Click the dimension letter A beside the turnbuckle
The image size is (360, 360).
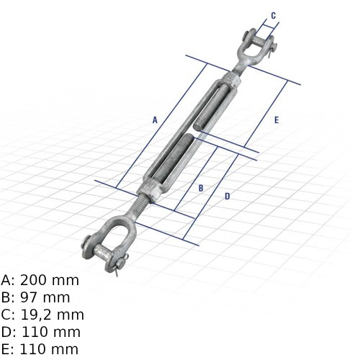click(155, 120)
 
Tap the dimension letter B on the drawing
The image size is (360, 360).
click(201, 188)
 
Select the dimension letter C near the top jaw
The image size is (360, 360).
click(274, 15)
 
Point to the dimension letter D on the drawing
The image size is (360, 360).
click(228, 197)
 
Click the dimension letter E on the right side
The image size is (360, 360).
click(276, 120)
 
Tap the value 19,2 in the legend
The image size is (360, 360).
click(35, 315)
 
